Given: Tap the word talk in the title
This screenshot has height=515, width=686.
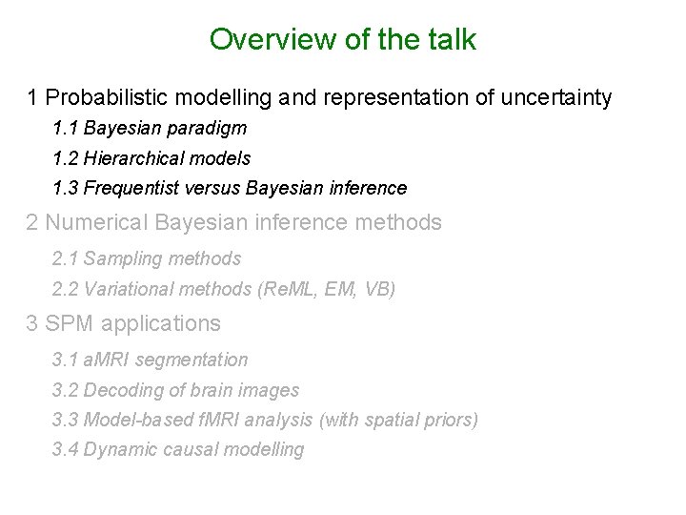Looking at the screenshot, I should [451, 40].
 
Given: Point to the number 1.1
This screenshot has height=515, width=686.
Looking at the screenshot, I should [66, 128].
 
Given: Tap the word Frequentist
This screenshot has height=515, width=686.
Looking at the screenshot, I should [131, 188].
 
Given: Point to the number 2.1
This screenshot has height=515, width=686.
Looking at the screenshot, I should [66, 258].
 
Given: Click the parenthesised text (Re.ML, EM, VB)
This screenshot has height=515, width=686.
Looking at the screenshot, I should [327, 289].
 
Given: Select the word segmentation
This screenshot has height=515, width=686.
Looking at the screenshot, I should [193, 360].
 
